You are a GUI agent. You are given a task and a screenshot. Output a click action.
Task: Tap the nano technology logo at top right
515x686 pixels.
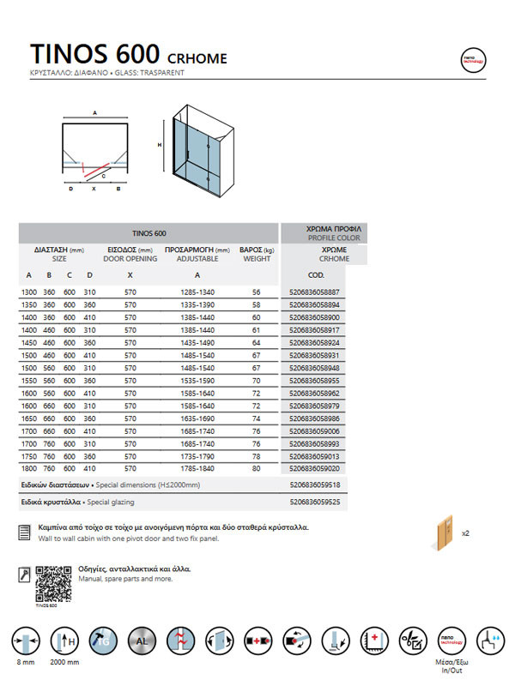coord(473,59)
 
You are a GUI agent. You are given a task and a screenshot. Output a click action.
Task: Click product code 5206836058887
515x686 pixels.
coord(315,292)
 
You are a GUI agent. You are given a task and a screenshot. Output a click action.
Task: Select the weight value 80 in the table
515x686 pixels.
coord(256,469)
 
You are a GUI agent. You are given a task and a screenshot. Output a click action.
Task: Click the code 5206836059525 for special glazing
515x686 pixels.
coord(315,501)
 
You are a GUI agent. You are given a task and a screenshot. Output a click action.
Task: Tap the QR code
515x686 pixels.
coord(51,583)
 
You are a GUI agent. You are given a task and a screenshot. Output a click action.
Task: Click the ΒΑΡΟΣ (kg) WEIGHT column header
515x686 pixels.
coord(256,253)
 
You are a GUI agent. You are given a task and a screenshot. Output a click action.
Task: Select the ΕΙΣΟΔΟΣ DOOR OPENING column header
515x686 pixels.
coord(130,253)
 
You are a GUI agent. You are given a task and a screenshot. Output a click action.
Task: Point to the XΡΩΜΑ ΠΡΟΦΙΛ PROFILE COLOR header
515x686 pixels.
coord(333,233)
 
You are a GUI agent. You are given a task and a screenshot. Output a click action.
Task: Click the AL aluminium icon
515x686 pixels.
coord(142,641)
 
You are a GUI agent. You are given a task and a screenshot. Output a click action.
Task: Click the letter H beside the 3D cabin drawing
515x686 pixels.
coord(160,145)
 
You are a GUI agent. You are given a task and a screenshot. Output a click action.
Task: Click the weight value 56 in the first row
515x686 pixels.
coord(256,292)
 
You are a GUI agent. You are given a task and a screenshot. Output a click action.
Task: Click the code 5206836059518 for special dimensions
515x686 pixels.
coord(315,484)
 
